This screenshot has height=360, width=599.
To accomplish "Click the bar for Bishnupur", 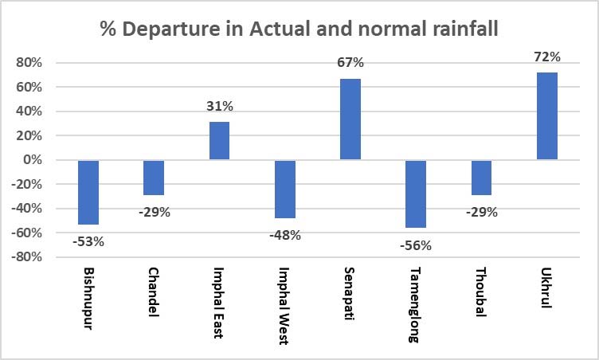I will (88, 192).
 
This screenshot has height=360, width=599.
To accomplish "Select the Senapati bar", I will (350, 119).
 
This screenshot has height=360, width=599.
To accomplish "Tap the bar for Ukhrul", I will (547, 116).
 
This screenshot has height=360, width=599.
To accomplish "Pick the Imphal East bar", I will (219, 141).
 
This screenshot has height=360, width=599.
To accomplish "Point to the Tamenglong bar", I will (416, 194).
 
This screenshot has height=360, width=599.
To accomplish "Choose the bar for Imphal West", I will (284, 189).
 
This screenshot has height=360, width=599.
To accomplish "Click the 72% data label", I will (548, 57).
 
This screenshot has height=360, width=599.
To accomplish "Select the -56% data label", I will (415, 246).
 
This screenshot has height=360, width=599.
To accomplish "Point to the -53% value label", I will (88, 242).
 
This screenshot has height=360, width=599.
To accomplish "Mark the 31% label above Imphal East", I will (220, 106).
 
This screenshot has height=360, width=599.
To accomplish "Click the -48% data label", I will (284, 236).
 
